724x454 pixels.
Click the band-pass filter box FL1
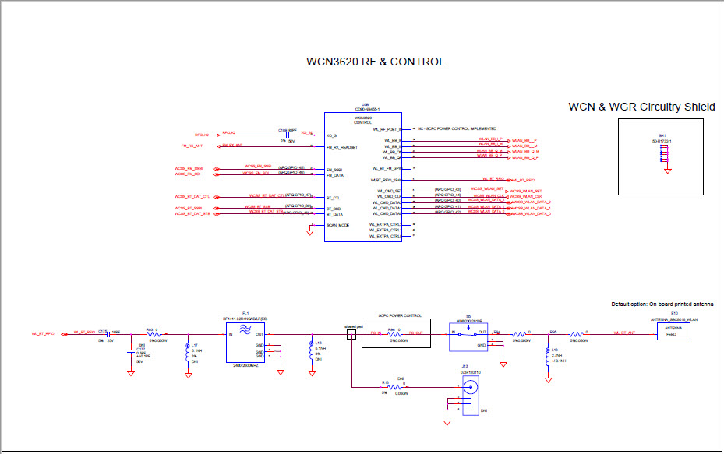pyautogui.click(x=246, y=343)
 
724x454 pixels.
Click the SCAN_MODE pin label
pyautogui.click(x=338, y=225)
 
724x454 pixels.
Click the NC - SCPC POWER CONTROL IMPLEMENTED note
pyautogui.click(x=457, y=128)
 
